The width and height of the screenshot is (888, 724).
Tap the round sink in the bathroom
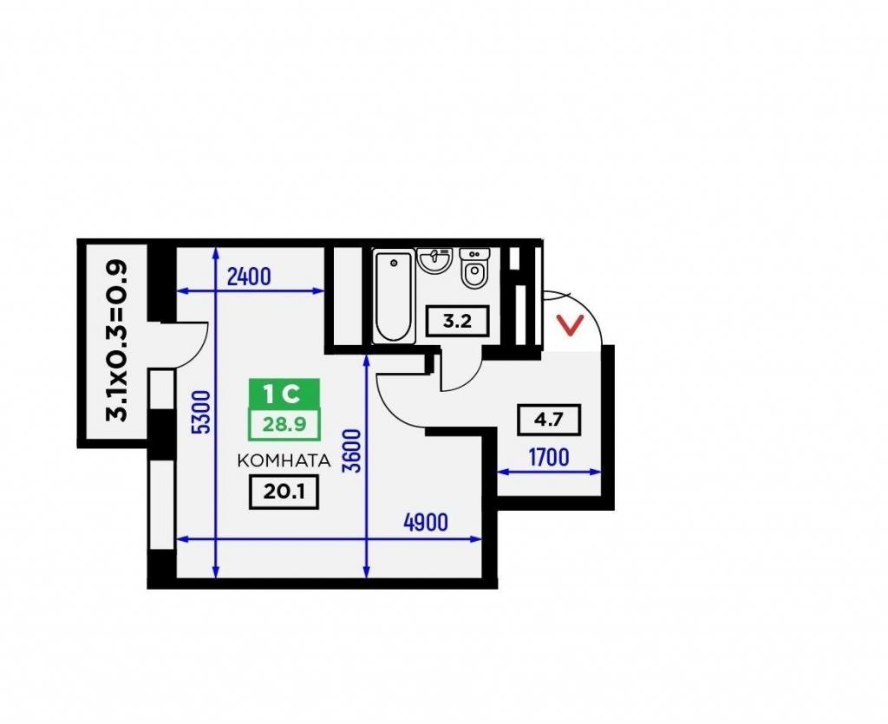(434, 261)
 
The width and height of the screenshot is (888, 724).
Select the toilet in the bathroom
(473, 268)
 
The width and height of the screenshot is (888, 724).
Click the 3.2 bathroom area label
(456, 322)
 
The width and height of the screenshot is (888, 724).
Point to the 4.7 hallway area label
(549, 420)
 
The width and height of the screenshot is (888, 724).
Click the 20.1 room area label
(284, 492)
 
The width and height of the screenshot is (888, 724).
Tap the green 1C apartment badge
(284, 394)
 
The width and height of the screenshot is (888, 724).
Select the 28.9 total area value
(284, 423)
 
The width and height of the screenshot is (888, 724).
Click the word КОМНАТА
(284, 460)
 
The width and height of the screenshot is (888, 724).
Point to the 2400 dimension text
(249, 277)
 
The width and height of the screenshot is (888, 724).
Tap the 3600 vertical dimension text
(352, 451)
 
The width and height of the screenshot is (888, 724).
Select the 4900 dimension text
(425, 523)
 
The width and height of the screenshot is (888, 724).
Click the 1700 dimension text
(549, 458)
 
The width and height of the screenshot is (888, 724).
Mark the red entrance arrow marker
(570, 325)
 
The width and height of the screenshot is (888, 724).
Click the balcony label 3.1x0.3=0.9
(118, 341)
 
